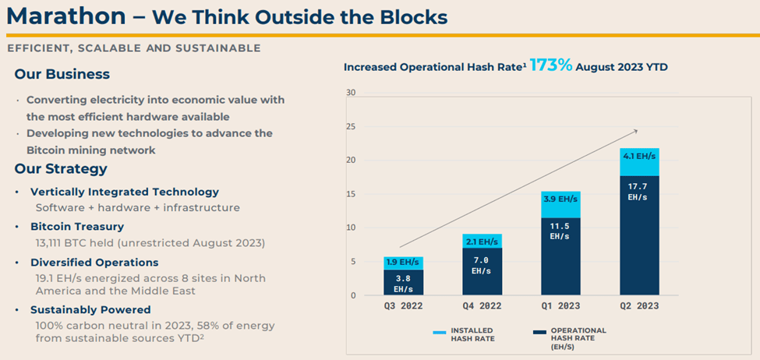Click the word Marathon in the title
[65, 17]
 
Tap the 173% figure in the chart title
[550, 66]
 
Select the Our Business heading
[62, 75]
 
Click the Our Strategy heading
[61, 169]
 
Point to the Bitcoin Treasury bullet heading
[76, 227]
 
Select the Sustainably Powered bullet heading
[90, 310]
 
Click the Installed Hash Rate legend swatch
[438, 331]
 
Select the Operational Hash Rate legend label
[577, 336]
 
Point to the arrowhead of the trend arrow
[636, 131]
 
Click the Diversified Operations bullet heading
[94, 263]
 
